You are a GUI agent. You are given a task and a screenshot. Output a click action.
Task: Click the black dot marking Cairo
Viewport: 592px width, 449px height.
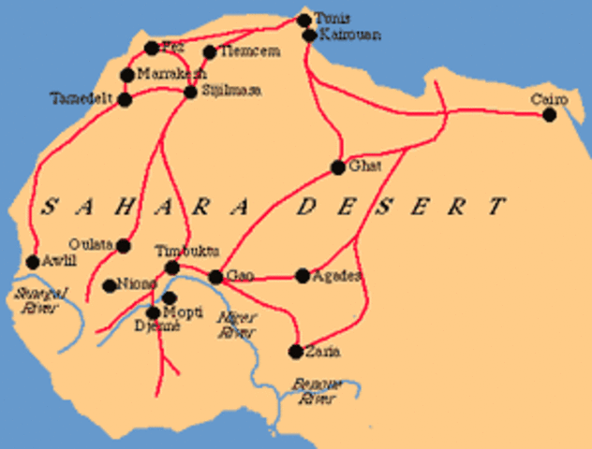click(x=549, y=115)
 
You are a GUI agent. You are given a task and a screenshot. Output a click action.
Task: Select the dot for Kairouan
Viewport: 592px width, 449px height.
click(x=309, y=36)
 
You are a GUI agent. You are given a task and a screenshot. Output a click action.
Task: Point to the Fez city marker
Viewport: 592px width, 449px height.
click(x=152, y=48)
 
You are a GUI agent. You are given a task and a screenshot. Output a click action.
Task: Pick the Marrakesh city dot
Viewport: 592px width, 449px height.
click(x=127, y=75)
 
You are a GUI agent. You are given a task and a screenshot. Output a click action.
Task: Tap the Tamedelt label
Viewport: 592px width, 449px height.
click(x=83, y=97)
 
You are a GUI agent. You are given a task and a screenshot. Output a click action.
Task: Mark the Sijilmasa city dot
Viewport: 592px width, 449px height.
click(x=190, y=92)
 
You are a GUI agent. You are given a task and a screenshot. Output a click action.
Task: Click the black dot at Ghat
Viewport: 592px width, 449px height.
click(x=338, y=168)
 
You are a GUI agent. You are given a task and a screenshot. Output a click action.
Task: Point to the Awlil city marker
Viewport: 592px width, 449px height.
click(x=32, y=262)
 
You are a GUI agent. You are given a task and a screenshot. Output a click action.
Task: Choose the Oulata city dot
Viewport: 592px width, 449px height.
click(x=123, y=245)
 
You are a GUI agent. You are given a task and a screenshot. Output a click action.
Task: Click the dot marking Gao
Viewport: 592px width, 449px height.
click(x=215, y=277)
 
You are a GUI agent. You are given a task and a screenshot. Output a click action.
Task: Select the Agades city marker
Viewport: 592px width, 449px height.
click(x=303, y=276)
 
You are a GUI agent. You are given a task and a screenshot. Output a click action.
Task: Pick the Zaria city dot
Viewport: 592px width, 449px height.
click(x=296, y=352)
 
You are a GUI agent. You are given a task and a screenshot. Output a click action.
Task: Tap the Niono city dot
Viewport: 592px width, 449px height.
click(x=110, y=285)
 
